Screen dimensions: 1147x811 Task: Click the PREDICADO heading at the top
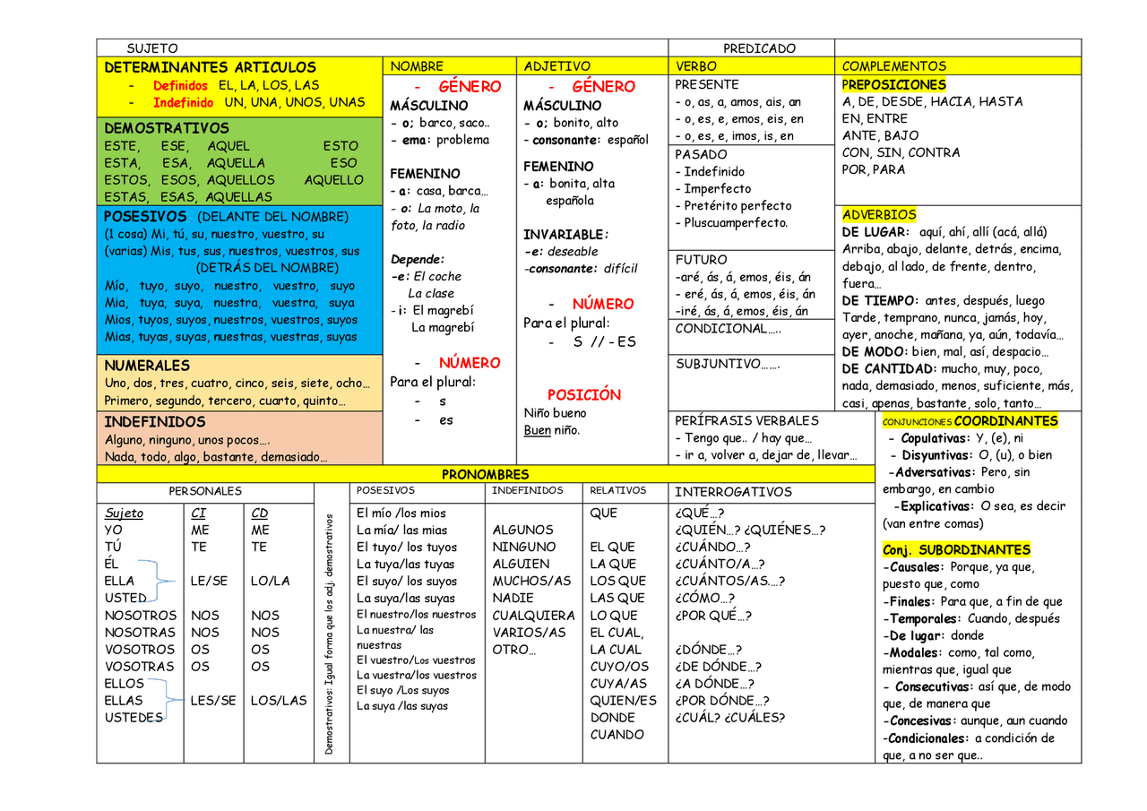[759, 48]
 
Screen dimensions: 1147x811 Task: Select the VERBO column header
[695, 66]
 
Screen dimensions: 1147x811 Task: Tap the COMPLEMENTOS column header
[893, 66]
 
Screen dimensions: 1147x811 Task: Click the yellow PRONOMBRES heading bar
[485, 474]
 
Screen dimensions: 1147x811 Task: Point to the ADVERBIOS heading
[879, 215]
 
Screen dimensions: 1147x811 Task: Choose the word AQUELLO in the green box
[333, 180]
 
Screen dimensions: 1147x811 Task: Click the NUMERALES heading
[147, 366]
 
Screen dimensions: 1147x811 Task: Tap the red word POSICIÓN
[583, 394]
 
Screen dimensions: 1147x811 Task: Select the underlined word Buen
[538, 430]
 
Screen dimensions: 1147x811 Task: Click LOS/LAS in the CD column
[278, 700]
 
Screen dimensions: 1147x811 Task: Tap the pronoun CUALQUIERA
[533, 616]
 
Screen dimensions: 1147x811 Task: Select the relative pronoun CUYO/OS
[619, 666]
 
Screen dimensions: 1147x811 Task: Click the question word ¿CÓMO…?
[704, 598]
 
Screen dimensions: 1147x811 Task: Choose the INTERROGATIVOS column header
[733, 492]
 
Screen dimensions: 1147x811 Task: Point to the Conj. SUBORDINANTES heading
[956, 549]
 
